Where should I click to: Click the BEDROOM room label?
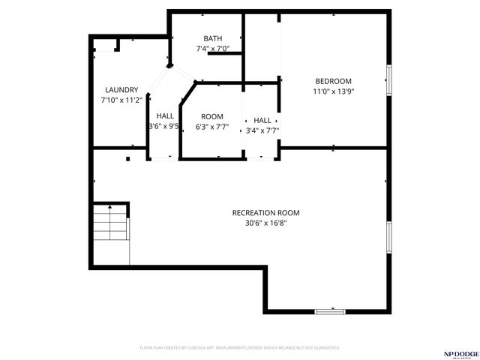pos(333,81)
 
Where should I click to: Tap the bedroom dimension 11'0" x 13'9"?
pos(333,91)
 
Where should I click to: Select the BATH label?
pos(212,38)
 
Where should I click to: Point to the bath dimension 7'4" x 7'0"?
pos(212,49)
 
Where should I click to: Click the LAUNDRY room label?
pos(121,89)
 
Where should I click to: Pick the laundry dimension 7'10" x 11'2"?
pos(121,100)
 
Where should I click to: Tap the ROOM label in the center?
pos(212,116)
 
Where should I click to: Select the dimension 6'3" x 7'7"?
pos(212,127)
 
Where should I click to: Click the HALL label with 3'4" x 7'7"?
pos(262,120)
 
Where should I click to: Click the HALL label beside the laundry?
pos(165,116)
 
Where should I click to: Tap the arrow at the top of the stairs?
pos(110,206)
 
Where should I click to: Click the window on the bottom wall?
pos(330,310)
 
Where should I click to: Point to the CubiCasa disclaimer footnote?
pos(240,348)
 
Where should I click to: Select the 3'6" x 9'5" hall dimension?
pos(164,127)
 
